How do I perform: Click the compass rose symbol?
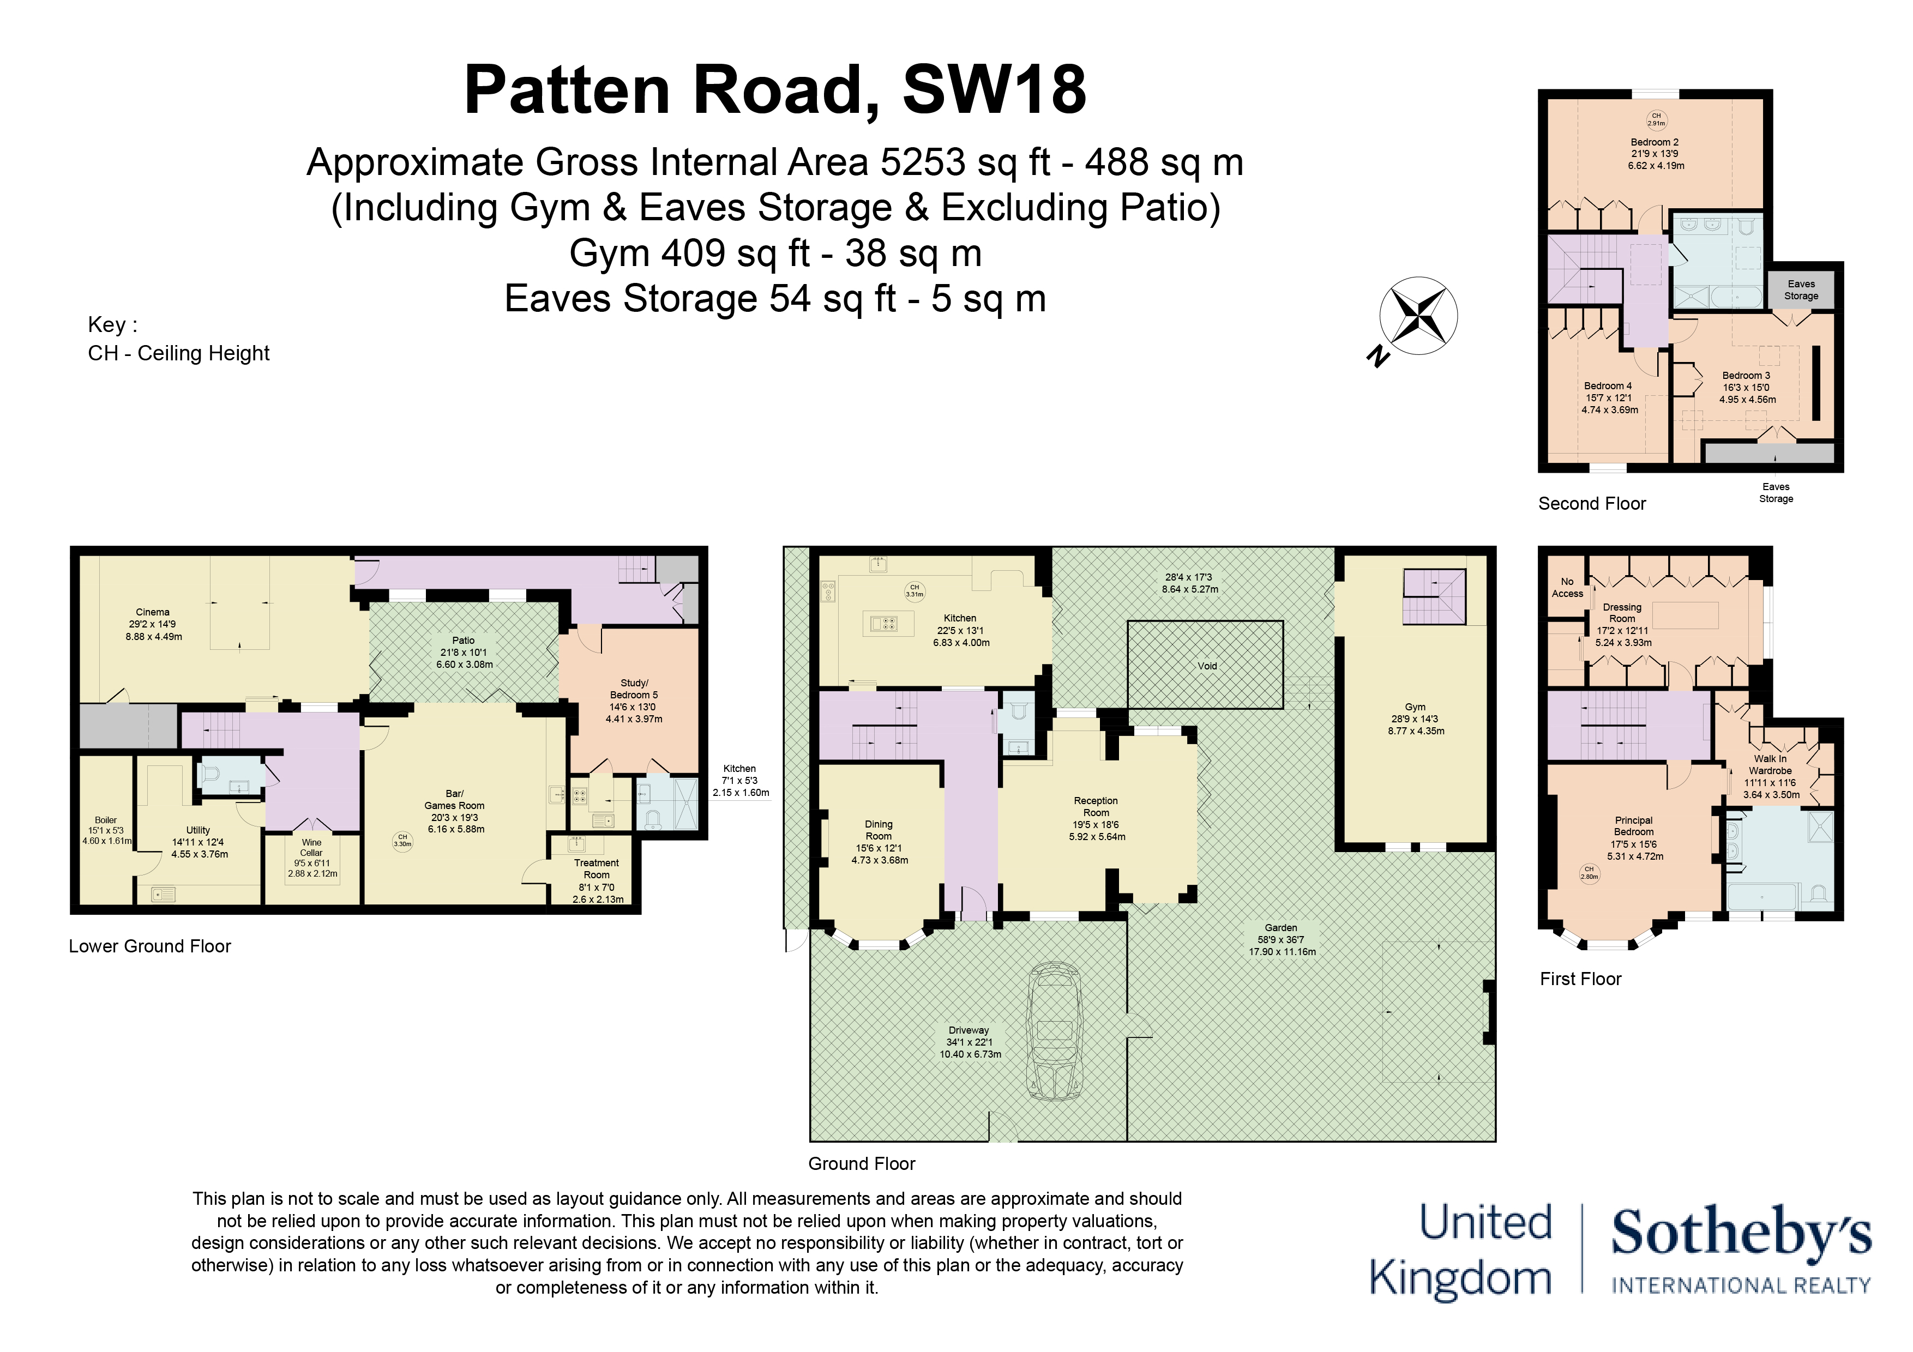[1418, 317]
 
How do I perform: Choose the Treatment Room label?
[597, 869]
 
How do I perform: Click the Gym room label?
[1415, 707]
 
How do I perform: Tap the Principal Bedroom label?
[1633, 826]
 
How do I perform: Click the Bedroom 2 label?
[1655, 142]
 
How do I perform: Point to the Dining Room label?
[878, 830]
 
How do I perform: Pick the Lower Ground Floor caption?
[150, 946]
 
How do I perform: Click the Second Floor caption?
[1591, 503]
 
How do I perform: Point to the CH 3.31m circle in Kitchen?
[915, 590]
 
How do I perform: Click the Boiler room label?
[106, 820]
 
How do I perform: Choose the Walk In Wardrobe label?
[1770, 765]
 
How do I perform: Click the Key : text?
[112, 325]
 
